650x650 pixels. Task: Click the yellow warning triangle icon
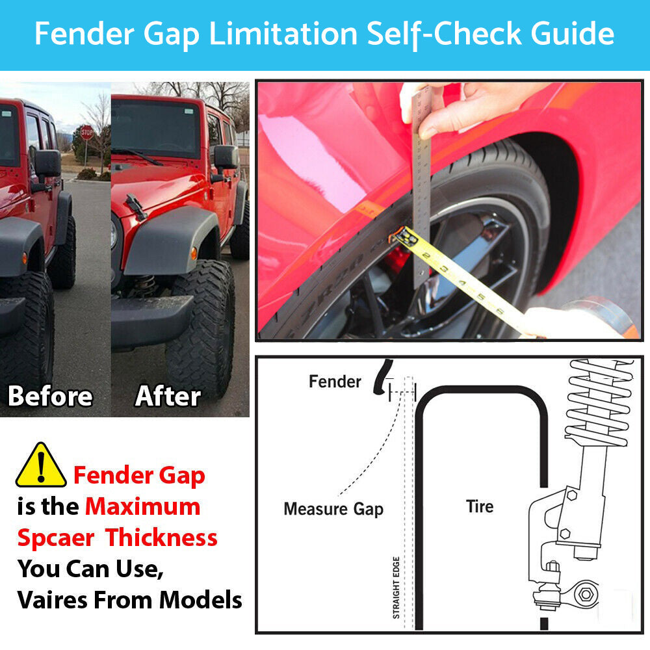pyautogui.click(x=40, y=465)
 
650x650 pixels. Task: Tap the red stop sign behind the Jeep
pyautogui.click(x=87, y=133)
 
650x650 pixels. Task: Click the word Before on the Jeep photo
pyautogui.click(x=50, y=396)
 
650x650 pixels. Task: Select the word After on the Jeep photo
pyautogui.click(x=168, y=396)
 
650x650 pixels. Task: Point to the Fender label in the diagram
pyautogui.click(x=335, y=382)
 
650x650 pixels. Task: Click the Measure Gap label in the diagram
pyautogui.click(x=333, y=510)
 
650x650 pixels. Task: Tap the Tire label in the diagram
pyautogui.click(x=480, y=506)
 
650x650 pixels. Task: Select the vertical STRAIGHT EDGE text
pyautogui.click(x=396, y=588)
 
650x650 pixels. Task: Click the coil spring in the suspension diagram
pyautogui.click(x=599, y=402)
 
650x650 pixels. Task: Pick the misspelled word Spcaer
pyautogui.click(x=56, y=538)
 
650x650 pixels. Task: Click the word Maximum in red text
pyautogui.click(x=142, y=506)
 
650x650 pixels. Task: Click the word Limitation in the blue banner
pyautogui.click(x=283, y=34)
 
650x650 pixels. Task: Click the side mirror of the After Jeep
pyautogui.click(x=226, y=157)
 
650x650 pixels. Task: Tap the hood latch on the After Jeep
pyautogui.click(x=136, y=206)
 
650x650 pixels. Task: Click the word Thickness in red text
pyautogui.click(x=161, y=538)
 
